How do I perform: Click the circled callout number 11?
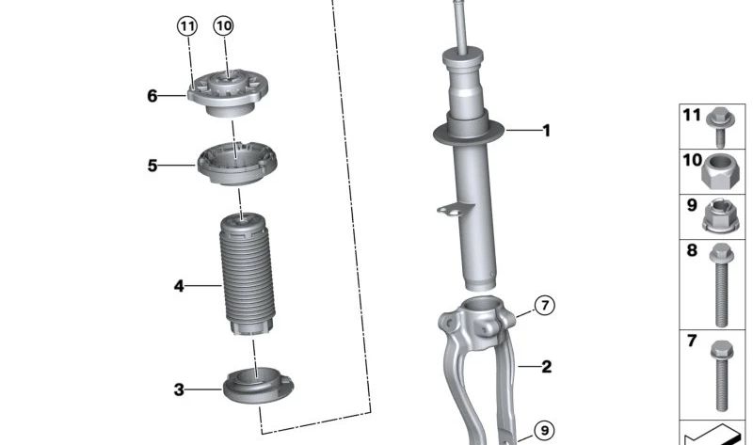click(x=187, y=26)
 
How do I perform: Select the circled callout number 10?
click(x=222, y=26)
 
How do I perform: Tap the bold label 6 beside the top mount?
click(x=152, y=95)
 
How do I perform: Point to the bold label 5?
click(x=152, y=167)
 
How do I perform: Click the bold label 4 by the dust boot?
click(x=179, y=285)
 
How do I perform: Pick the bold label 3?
click(x=179, y=389)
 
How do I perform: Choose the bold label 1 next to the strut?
click(x=546, y=131)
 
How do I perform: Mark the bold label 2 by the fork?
click(x=546, y=367)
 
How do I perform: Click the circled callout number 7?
click(x=545, y=305)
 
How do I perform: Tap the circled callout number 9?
click(x=544, y=431)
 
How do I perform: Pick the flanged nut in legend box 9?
click(x=719, y=217)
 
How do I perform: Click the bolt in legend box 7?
click(x=721, y=373)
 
